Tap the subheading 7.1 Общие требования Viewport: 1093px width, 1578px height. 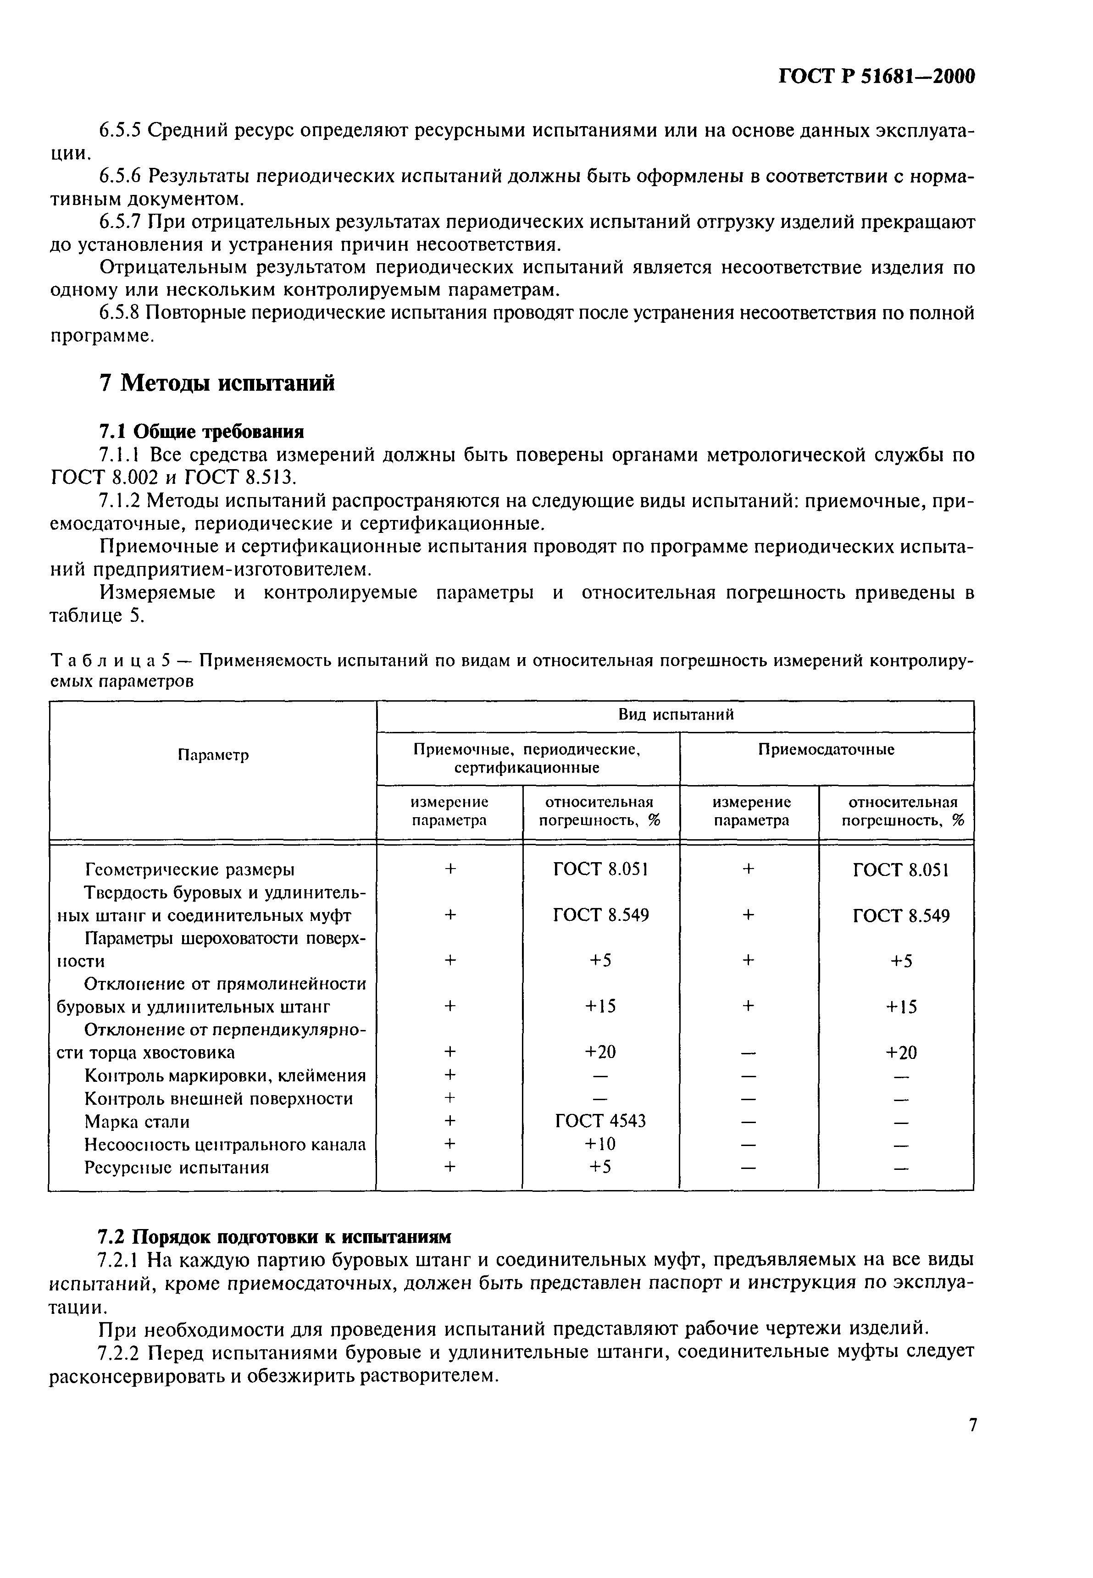pos(201,432)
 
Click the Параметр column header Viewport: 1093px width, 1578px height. pos(213,755)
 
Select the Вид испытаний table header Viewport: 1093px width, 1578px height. pos(676,715)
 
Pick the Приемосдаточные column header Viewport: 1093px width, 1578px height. pos(826,750)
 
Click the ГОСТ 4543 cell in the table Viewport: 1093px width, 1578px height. pos(600,1121)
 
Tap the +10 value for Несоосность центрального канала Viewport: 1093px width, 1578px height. pos(600,1144)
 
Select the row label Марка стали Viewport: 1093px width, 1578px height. pos(137,1121)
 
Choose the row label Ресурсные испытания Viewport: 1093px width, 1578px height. pos(176,1167)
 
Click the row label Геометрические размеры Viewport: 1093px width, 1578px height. pos(190,869)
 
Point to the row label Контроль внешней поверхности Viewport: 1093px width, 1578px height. pos(218,1098)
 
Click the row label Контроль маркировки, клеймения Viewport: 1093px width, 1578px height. pos(225,1075)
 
